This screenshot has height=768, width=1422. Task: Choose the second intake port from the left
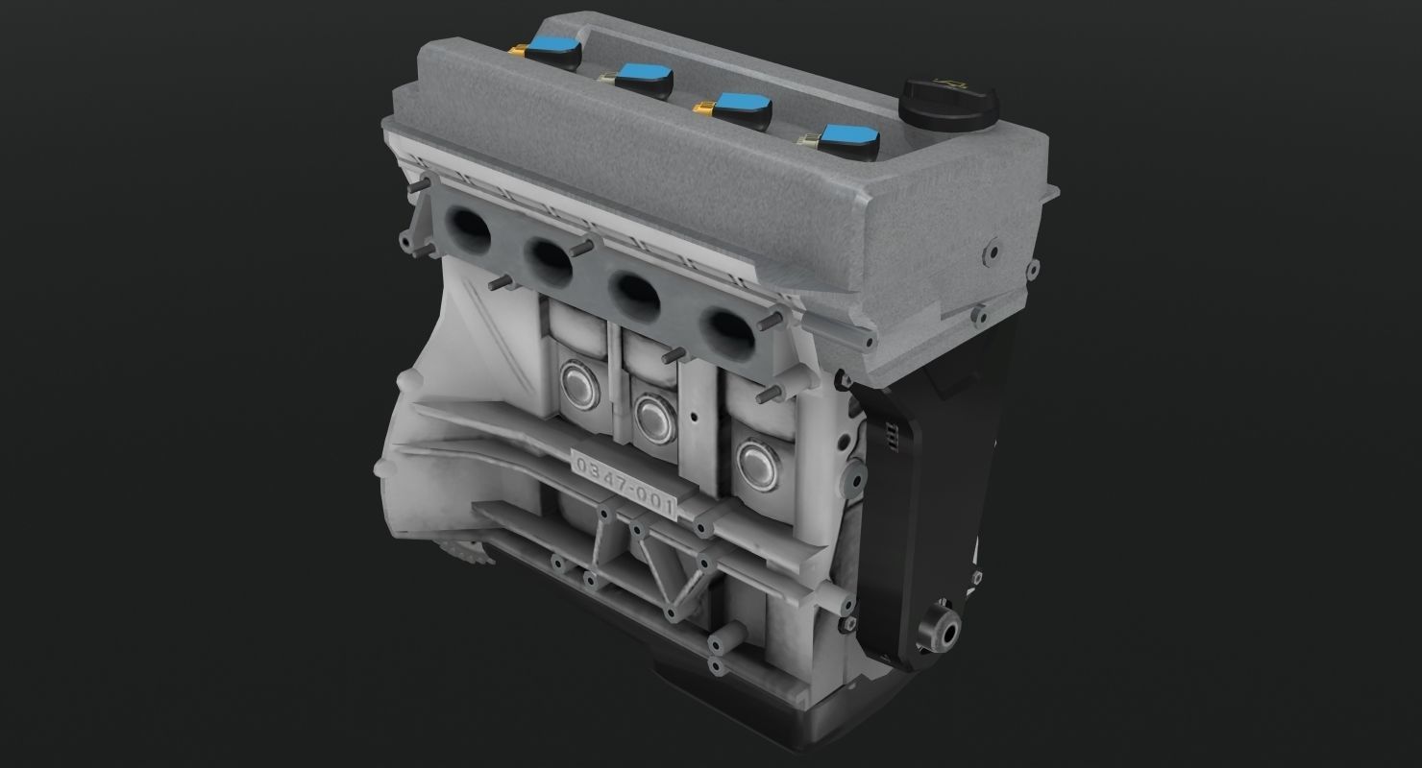[x=549, y=256]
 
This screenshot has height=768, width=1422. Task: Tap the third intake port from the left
[x=635, y=291]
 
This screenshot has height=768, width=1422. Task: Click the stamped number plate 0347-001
[x=625, y=483]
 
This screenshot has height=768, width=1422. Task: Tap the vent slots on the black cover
[x=891, y=436]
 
